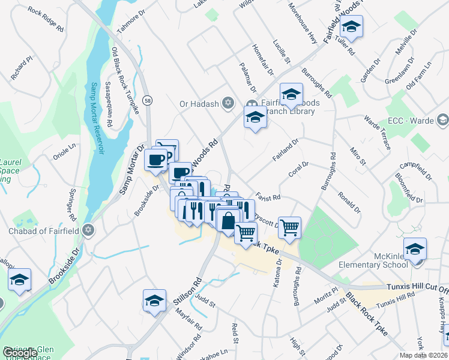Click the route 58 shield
coord(148,101)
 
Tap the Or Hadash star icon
coord(228,104)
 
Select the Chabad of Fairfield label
coord(43,231)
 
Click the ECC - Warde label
coord(411,121)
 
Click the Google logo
coord(19,353)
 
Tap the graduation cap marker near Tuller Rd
coord(350,28)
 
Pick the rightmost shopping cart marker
coord(289,227)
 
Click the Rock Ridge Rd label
coord(46,20)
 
